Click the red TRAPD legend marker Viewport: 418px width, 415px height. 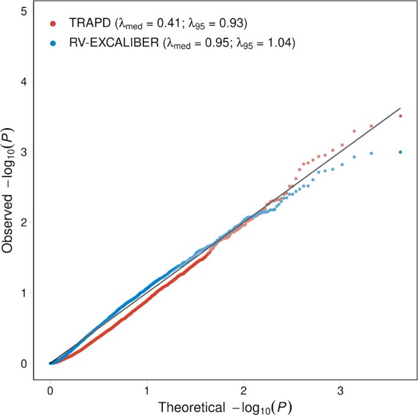pos(53,24)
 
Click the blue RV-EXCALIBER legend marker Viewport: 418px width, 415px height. pos(53,43)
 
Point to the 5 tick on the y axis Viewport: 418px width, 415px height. pos(23,11)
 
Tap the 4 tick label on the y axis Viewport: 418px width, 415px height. pos(23,81)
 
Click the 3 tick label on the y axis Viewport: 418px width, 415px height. pos(23,151)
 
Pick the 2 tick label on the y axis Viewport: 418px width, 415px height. pos(23,222)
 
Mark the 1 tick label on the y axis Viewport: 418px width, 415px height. pos(23,292)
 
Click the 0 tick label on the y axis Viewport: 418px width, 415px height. pos(23,363)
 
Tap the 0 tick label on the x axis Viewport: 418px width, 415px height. pos(50,389)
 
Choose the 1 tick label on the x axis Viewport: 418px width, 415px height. pos(146,389)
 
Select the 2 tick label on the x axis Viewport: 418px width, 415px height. pos(243,389)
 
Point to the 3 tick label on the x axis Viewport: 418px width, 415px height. pos(340,389)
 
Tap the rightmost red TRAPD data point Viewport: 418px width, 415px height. pos(400,116)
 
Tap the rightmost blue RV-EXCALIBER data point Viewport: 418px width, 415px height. pos(400,152)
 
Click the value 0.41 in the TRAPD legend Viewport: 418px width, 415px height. pos(178,24)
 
